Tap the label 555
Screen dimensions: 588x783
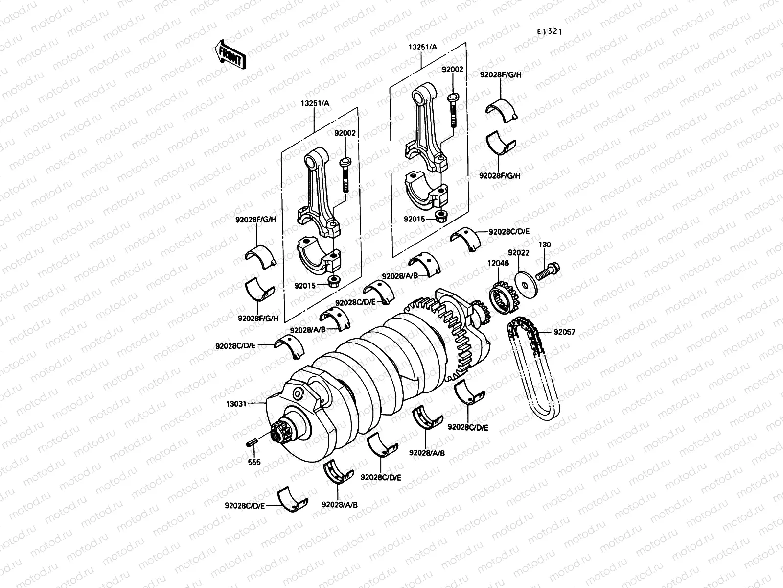click(254, 462)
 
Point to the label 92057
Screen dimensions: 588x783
click(564, 332)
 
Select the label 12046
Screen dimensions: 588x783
click(498, 263)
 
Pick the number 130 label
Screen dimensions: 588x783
click(545, 245)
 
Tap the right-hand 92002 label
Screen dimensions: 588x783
click(452, 70)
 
